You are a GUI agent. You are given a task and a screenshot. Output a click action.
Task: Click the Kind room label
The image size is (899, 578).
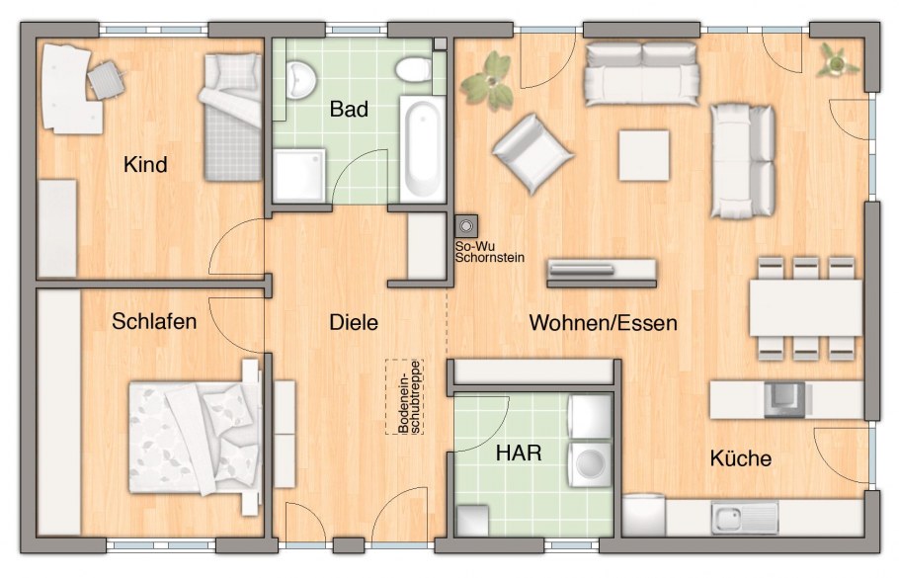coord(145,165)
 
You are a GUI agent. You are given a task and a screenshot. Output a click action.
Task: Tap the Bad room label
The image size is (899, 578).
coord(349,109)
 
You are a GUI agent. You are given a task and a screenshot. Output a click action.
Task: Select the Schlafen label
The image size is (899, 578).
coord(154,321)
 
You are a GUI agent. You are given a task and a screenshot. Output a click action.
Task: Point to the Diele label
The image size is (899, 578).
coord(354,322)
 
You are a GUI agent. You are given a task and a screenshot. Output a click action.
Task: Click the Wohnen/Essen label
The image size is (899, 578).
coord(604,323)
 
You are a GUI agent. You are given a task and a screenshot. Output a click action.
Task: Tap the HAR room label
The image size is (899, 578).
coord(519,453)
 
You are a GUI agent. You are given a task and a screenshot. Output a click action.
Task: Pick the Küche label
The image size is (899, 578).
coord(741,458)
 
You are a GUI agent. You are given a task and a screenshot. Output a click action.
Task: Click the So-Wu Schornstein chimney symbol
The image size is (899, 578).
coord(466,226)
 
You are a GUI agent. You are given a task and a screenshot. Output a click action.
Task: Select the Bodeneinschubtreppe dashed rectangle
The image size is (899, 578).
coord(404,397)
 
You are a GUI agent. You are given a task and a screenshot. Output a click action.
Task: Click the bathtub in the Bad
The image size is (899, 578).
coord(423,149)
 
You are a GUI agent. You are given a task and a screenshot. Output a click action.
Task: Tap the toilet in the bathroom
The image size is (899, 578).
coord(414,69)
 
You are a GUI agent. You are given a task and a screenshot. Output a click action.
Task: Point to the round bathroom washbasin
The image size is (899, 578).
coord(301,80)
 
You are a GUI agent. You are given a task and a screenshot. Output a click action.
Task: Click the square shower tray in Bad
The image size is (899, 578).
coord(299,175)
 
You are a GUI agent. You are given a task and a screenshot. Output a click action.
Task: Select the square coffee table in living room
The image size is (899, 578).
coord(644,155)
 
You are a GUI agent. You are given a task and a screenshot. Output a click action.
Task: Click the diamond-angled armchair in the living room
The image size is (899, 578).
coord(532,154)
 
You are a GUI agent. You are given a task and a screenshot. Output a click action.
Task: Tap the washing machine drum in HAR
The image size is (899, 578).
coord(590,463)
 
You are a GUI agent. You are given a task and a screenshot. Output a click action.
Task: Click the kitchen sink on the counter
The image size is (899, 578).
coord(744,518)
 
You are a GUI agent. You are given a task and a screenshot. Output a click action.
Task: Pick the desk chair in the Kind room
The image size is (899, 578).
coord(106,79)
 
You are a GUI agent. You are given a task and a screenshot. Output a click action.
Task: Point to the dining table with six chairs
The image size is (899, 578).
coord(805,308)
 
